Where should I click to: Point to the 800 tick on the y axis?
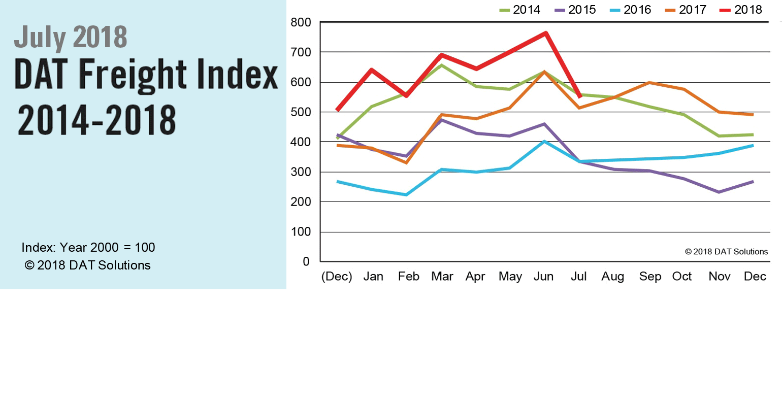pos(301,22)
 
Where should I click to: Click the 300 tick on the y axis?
pos(301,172)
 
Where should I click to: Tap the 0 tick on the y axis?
pos(306,262)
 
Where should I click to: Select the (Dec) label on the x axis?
pos(337,277)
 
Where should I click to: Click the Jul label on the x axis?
pos(578,277)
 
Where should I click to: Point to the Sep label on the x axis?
pos(650,277)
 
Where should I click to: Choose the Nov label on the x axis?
pos(719,277)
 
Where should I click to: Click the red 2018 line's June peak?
pos(545,33)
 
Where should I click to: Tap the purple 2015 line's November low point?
pos(719,192)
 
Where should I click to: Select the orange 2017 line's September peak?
pos(649,82)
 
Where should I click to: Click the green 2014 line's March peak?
pos(442,65)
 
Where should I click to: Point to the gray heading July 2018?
pos(71,37)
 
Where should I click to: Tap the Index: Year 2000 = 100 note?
pos(88,248)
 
